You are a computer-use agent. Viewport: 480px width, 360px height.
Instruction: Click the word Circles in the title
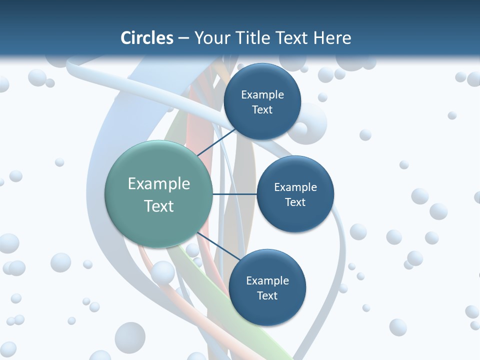tap(146, 38)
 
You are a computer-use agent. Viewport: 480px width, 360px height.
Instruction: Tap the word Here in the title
tap(332, 38)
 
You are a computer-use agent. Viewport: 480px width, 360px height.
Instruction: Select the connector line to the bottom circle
tap(217, 247)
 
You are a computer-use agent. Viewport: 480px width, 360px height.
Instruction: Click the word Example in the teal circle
tap(158, 183)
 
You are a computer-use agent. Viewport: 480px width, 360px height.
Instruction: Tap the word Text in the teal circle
tap(158, 206)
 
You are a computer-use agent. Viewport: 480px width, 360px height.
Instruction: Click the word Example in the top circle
tap(262, 94)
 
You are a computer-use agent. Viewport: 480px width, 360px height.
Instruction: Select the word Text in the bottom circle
tap(267, 295)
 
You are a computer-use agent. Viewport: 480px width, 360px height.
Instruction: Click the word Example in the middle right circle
tap(295, 187)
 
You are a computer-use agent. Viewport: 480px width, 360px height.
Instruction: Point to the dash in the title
tap(183, 38)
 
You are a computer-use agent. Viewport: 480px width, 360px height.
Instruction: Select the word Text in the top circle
tap(262, 110)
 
